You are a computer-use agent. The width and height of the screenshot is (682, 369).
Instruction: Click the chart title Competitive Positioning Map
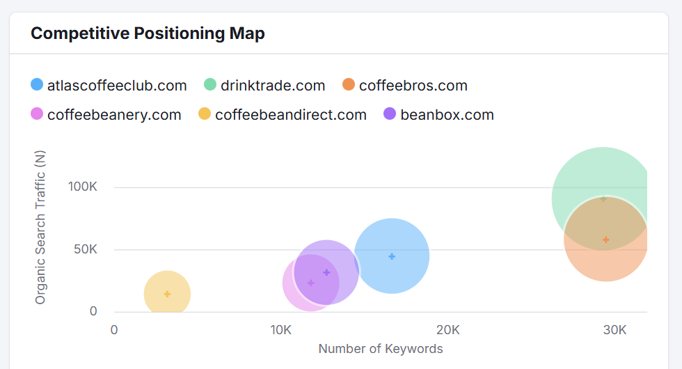point(148,33)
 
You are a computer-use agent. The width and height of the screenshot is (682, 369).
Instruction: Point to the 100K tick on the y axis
point(83,187)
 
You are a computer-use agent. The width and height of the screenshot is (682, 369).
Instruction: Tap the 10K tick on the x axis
point(280,329)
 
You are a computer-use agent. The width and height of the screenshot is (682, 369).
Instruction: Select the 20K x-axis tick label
point(447,329)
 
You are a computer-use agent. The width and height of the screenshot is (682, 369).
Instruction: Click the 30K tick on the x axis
point(614,329)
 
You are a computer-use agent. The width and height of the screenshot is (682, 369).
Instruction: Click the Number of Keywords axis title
point(381,349)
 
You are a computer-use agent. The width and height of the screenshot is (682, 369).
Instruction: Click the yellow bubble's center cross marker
point(167,294)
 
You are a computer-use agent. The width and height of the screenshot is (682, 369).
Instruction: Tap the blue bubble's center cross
point(392,256)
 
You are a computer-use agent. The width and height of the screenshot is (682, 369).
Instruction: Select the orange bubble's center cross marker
point(606,240)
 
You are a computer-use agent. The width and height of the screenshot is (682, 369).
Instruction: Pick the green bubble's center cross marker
point(603,199)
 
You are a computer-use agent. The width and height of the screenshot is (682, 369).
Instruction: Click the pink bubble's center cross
point(310,283)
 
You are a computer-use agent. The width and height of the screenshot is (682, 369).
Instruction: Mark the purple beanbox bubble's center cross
point(326,272)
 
